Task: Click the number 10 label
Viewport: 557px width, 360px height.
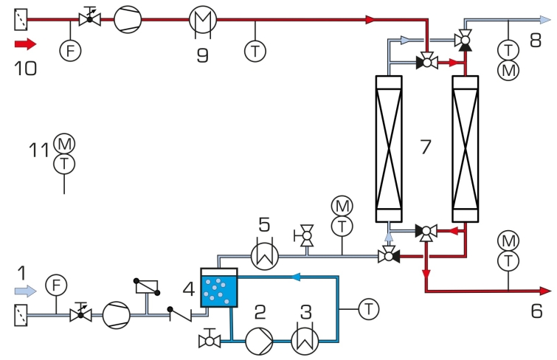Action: (x=25, y=68)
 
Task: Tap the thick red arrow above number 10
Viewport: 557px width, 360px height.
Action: (x=25, y=44)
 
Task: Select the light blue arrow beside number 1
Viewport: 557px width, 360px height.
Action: (x=25, y=291)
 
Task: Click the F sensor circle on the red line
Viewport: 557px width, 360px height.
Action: (x=70, y=50)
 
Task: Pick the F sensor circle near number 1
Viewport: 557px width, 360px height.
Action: (x=56, y=285)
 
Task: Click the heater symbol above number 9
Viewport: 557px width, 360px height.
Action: (x=202, y=19)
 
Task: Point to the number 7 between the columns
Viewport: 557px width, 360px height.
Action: (x=425, y=146)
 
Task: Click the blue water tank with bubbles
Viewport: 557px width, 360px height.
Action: (x=219, y=288)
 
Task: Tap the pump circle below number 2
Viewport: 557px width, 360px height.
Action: (x=259, y=341)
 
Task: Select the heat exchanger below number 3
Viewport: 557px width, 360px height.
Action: (x=305, y=341)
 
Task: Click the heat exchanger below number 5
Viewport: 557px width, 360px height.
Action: (x=265, y=256)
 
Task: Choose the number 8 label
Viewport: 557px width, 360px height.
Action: (x=536, y=40)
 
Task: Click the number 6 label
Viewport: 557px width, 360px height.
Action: (x=537, y=311)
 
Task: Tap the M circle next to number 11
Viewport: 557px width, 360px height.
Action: (x=64, y=144)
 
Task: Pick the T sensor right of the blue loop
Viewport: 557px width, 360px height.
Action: (x=369, y=309)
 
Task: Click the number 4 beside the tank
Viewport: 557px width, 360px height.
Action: (x=189, y=288)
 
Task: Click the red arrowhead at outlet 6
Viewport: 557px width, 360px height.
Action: (x=545, y=291)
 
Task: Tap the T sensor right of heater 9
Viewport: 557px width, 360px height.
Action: (x=255, y=51)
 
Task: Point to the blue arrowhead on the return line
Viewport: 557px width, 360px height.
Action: (x=296, y=277)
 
